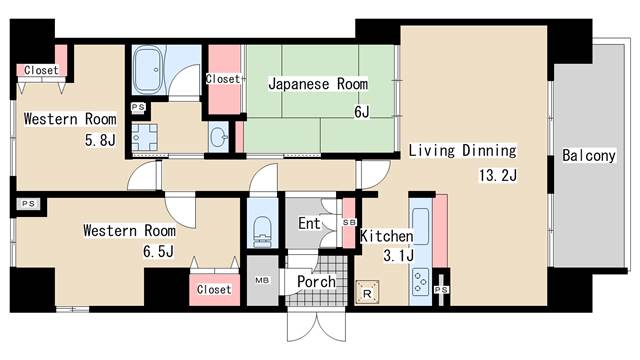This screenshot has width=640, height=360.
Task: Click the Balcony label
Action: tap(588, 157)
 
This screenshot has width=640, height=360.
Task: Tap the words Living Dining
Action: tap(461, 151)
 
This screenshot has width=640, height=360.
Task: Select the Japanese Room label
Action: tap(317, 85)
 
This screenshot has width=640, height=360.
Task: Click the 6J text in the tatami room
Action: tap(360, 113)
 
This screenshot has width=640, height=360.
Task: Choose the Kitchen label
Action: tap(386, 236)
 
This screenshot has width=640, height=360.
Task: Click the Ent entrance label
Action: tap(309, 223)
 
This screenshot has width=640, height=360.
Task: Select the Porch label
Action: tap(316, 282)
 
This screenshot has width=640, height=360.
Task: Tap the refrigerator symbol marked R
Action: tap(367, 291)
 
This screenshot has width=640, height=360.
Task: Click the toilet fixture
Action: tap(261, 230)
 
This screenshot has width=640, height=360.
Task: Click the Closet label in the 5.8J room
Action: tap(41, 70)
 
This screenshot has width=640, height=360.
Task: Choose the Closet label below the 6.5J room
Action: tap(213, 289)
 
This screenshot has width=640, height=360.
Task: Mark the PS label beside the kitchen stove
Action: tap(441, 290)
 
